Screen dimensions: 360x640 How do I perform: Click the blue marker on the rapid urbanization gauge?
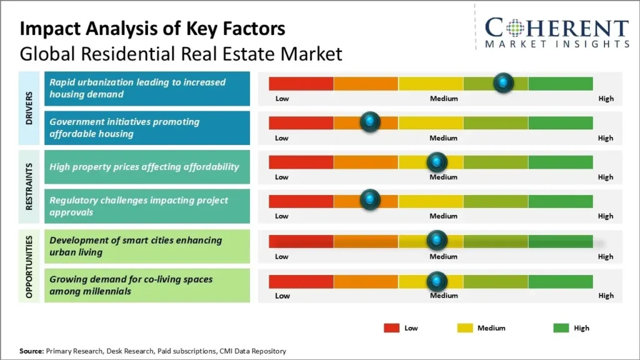tap(503, 82)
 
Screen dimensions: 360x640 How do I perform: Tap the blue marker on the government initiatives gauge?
tap(371, 122)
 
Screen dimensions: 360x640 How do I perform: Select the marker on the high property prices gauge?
tap(437, 162)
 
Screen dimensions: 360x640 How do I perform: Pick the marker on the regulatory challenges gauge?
tap(371, 200)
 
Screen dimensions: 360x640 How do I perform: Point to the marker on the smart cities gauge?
tap(437, 241)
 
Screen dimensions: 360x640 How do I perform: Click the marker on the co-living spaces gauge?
tap(437, 281)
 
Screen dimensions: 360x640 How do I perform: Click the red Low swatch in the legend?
tap(391, 328)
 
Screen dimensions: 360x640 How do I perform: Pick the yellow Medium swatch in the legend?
tap(465, 328)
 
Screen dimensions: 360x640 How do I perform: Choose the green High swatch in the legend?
tap(561, 328)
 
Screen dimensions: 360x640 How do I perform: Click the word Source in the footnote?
tap(31, 351)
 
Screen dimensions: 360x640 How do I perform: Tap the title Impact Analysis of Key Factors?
tap(152, 29)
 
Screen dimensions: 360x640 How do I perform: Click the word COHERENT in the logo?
tap(556, 29)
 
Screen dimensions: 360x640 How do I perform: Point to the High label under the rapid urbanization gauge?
tap(605, 99)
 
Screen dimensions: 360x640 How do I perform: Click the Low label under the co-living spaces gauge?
tap(282, 296)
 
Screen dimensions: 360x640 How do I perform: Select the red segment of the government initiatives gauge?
tap(301, 123)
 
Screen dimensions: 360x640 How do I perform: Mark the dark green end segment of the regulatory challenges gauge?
tap(560, 201)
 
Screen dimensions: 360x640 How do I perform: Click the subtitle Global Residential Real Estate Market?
tap(181, 54)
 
